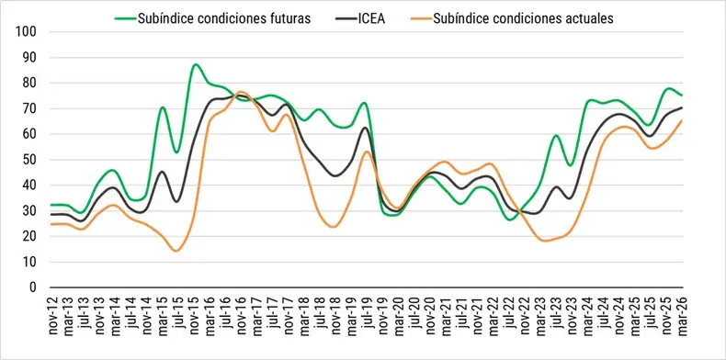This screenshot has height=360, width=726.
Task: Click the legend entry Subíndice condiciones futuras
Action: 223,18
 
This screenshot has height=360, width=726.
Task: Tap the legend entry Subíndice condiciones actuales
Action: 522,18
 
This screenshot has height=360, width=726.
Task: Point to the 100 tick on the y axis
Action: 27,32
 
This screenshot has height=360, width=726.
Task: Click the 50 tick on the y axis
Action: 29,160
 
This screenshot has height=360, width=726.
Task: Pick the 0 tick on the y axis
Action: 33,287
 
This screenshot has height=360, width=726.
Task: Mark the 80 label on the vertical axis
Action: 29,84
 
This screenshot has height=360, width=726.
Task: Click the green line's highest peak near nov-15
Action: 195,64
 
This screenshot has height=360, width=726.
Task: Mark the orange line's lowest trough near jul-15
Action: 176,252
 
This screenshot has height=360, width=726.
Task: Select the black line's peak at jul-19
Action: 366,128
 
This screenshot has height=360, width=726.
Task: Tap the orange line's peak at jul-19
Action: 366,152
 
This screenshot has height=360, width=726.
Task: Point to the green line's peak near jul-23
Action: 556,135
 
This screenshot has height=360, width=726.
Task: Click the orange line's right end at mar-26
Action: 683,120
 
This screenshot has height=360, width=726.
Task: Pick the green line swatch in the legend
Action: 125,18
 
